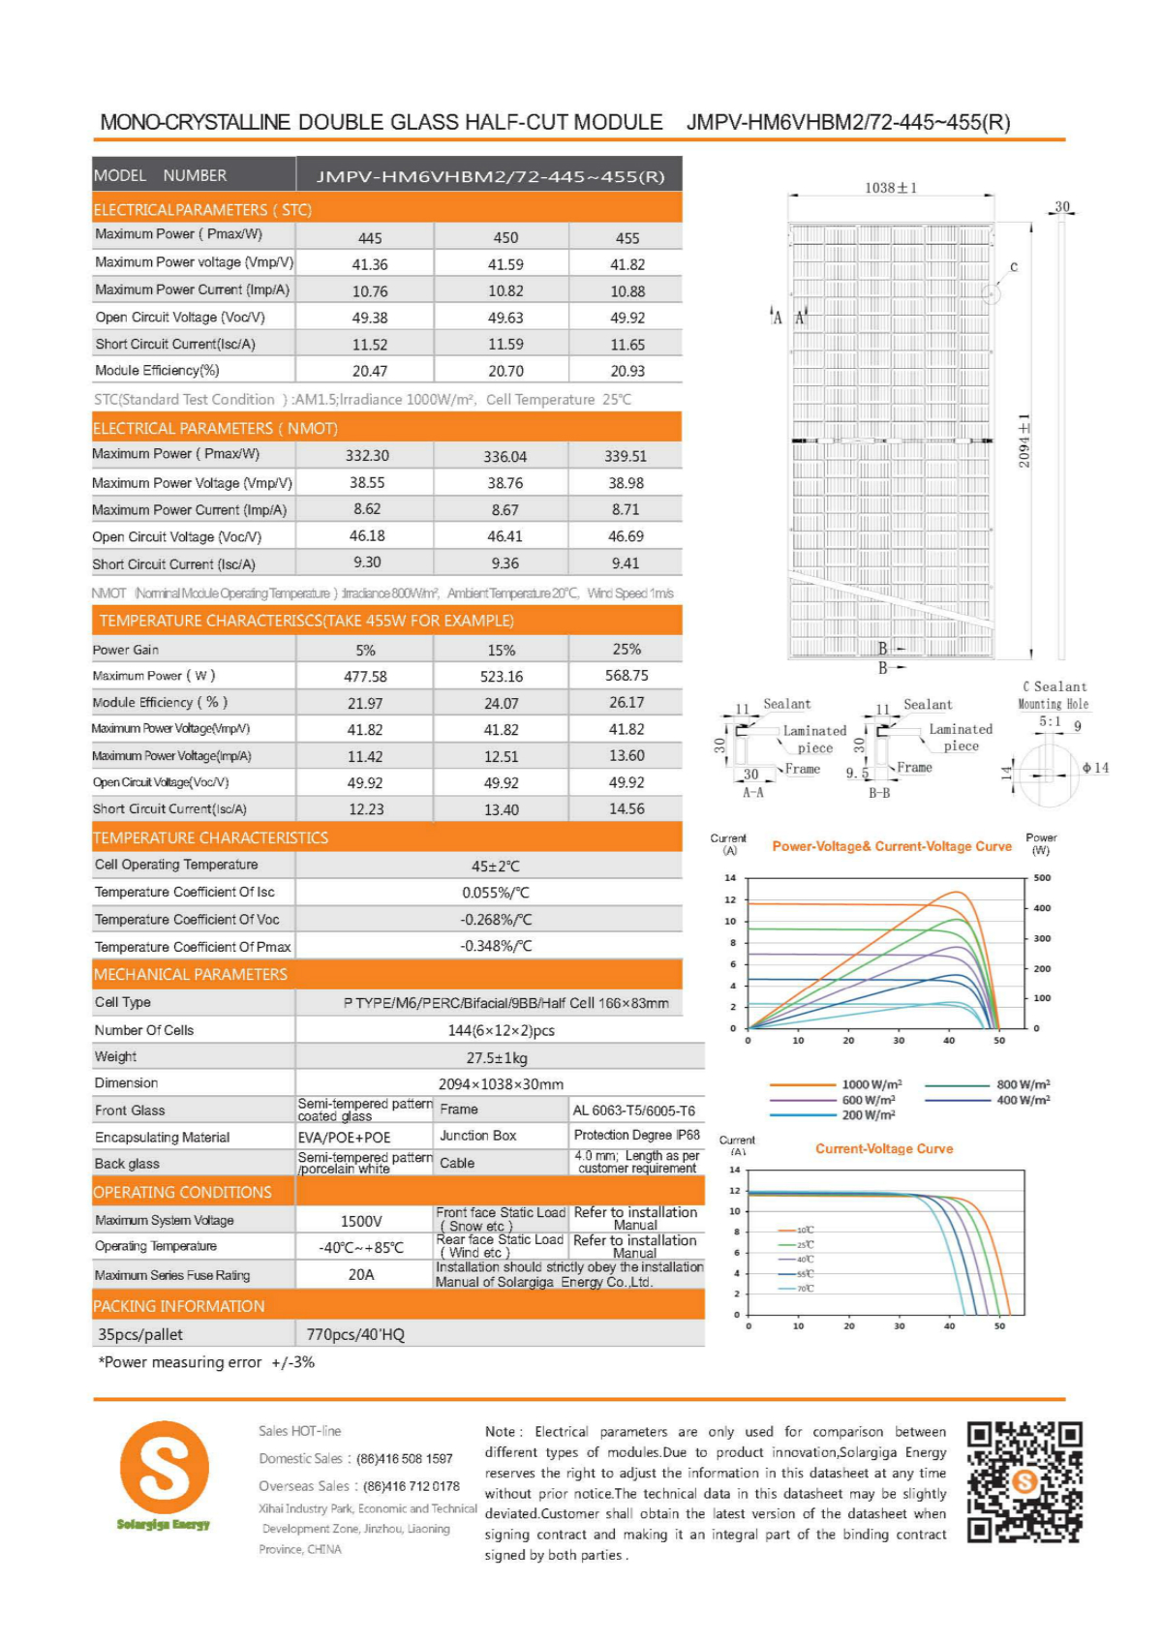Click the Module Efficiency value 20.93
pos(627,371)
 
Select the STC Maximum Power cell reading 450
pos(505,237)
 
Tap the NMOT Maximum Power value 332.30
pos(367,455)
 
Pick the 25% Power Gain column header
pos(627,649)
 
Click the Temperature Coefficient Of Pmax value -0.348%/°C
pos(496,946)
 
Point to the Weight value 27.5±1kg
pos(497,1057)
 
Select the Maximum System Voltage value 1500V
pos(361,1221)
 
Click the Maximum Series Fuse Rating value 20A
pos(361,1274)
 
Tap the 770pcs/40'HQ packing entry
pos(355,1334)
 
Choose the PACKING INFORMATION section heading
pos(179,1306)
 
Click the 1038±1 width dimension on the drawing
pos(891,187)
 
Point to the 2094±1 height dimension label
pos(1024,441)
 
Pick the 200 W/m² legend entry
pos(868,1115)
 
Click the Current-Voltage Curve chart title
pos(884,1148)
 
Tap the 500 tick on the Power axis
pos(1042,878)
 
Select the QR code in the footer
pos(1024,1481)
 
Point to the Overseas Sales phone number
pos(412,1486)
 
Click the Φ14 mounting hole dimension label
pos(1095,768)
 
